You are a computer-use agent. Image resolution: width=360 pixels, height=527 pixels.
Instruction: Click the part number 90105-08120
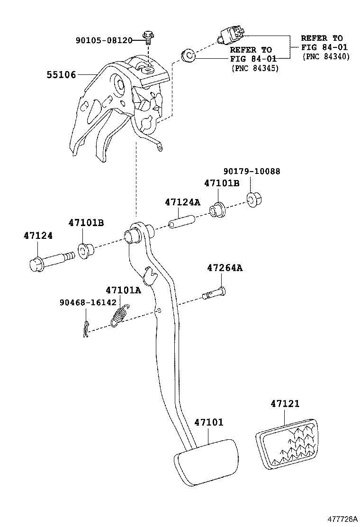pyautogui.click(x=104, y=40)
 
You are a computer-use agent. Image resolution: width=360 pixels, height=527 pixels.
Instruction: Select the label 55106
pyautogui.click(x=61, y=74)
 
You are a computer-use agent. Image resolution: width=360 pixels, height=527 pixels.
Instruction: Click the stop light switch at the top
pyautogui.click(x=231, y=34)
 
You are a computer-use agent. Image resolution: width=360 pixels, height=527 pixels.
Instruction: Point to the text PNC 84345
pyautogui.click(x=255, y=68)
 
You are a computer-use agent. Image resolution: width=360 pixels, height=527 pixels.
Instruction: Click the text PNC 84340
pyautogui.click(x=326, y=56)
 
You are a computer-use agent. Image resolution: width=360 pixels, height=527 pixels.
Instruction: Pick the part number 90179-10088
pyautogui.click(x=252, y=171)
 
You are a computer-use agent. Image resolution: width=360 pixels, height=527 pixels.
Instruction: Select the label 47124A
pyautogui.click(x=182, y=202)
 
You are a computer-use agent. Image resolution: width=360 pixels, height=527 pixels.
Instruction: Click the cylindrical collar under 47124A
pyautogui.click(x=182, y=221)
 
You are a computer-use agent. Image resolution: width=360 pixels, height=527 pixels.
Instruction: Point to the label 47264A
pyautogui.click(x=225, y=268)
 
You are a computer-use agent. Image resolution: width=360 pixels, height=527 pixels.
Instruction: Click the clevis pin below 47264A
pyautogui.click(x=214, y=294)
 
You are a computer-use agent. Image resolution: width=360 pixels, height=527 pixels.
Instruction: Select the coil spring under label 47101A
pyautogui.click(x=121, y=315)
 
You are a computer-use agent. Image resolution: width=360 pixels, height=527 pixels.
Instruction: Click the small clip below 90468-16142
pyautogui.click(x=85, y=329)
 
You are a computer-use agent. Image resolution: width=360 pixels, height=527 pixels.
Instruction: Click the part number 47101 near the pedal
pyautogui.click(x=208, y=422)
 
